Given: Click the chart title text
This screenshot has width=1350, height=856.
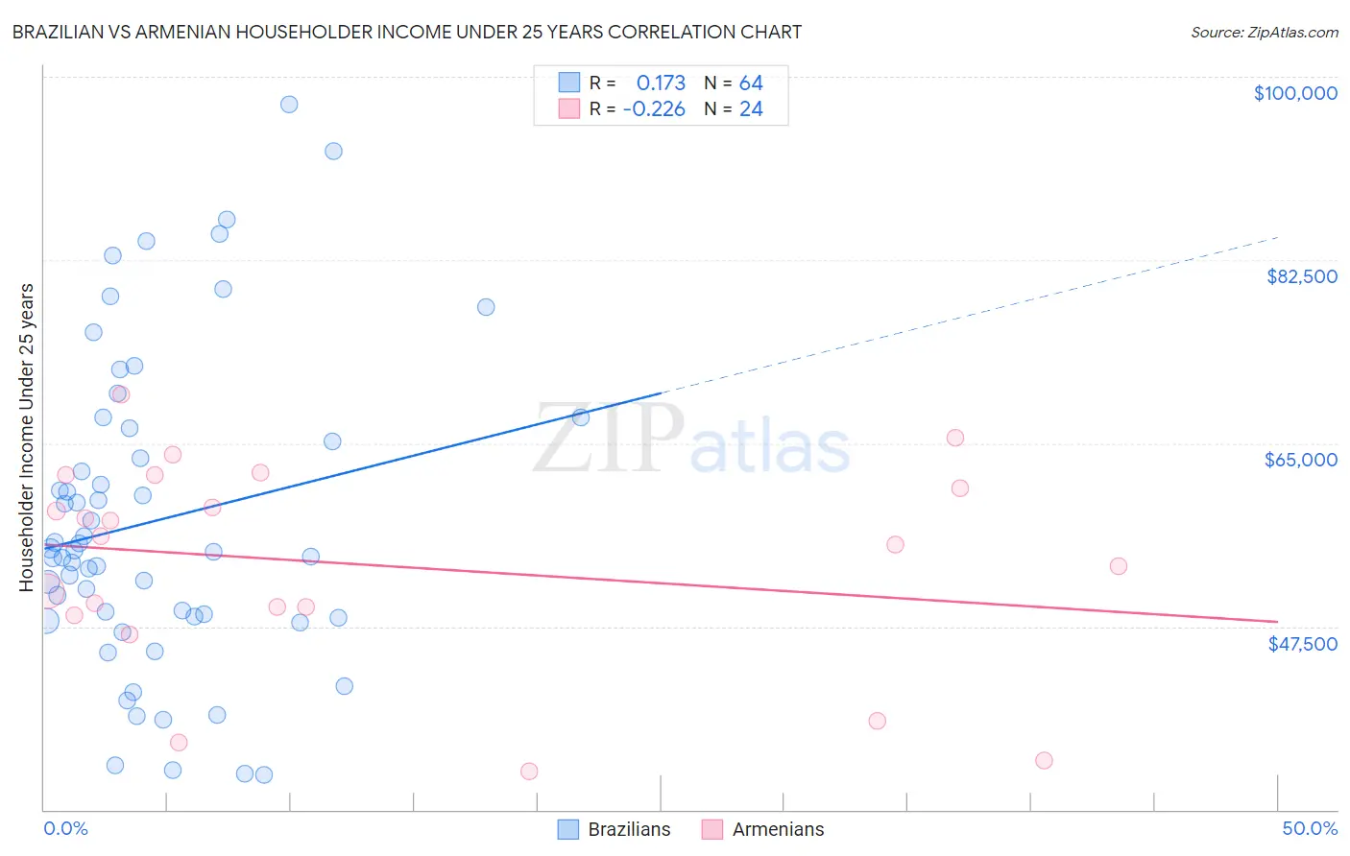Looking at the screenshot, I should (407, 32).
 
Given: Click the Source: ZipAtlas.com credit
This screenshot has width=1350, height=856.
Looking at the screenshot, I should (1264, 32).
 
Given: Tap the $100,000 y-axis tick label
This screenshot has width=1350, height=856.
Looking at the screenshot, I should (1294, 93).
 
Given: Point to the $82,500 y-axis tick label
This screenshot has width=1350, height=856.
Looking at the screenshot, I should (1301, 276).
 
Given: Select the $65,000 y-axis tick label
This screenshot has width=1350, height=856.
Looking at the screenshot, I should (1300, 460).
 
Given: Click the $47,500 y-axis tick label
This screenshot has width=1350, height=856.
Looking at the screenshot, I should (1302, 644).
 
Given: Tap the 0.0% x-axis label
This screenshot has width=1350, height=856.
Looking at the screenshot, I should (65, 828).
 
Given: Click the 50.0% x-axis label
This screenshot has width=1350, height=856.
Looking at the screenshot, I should (1309, 828).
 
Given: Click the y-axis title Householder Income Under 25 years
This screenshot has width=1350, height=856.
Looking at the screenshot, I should (27, 437).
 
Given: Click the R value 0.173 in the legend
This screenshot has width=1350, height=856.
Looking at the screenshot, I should (661, 83).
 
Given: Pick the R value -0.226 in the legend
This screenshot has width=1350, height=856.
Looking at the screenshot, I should (654, 109).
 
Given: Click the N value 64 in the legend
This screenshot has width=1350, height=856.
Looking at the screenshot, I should (751, 83).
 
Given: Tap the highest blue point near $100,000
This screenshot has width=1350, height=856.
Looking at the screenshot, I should (289, 105).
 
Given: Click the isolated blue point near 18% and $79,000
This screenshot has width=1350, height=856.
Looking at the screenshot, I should (486, 307).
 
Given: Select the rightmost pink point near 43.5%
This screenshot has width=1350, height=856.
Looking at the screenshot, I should (1118, 566).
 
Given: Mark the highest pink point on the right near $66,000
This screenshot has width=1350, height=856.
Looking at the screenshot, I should (954, 438).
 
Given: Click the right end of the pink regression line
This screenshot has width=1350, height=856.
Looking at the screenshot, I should (1277, 622).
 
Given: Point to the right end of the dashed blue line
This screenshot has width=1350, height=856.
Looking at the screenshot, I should (1277, 237).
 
